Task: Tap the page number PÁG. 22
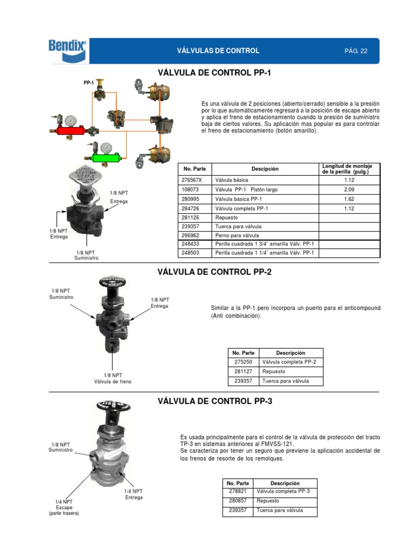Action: point(356,51)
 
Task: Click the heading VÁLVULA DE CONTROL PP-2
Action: point(214,272)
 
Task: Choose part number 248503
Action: point(192,253)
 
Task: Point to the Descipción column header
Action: point(265,169)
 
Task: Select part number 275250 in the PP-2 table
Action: point(243,362)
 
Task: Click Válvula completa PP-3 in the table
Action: point(284,491)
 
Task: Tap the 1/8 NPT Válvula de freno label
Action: point(113,378)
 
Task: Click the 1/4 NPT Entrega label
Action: point(134,494)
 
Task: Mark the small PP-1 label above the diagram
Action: point(89,83)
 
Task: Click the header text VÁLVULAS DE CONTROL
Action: point(218,51)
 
